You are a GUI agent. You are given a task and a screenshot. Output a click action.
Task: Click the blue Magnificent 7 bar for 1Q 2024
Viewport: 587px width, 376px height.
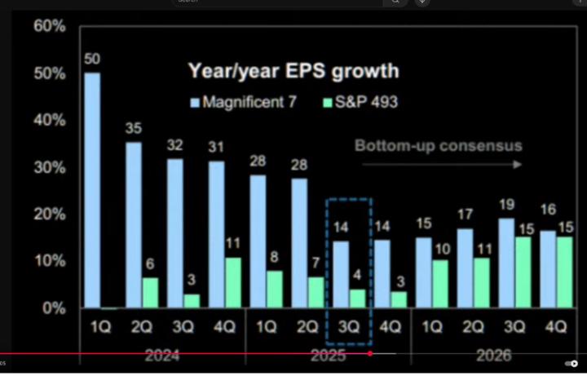93,191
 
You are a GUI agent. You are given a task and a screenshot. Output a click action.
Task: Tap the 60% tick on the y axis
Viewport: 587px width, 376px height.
49,26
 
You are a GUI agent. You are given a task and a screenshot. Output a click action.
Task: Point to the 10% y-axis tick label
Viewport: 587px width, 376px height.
49,261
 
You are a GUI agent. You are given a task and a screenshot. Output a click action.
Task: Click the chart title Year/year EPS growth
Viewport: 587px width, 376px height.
293,71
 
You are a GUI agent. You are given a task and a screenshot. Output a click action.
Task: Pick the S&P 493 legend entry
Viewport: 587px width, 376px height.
360,103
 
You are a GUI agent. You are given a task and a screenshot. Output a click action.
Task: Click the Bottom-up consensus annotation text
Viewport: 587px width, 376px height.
438,147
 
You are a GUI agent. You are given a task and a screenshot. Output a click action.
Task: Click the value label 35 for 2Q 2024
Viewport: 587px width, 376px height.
134,128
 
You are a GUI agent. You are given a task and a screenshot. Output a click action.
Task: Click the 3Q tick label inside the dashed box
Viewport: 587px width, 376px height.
348,326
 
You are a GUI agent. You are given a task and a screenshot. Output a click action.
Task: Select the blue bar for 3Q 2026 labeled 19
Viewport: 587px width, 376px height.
506,263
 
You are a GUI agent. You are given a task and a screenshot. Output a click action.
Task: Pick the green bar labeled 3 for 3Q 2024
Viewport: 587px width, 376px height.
192,301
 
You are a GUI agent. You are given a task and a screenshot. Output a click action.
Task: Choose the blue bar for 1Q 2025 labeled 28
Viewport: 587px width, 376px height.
258,242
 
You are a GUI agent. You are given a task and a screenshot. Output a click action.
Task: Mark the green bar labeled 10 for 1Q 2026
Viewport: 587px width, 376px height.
439,284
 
